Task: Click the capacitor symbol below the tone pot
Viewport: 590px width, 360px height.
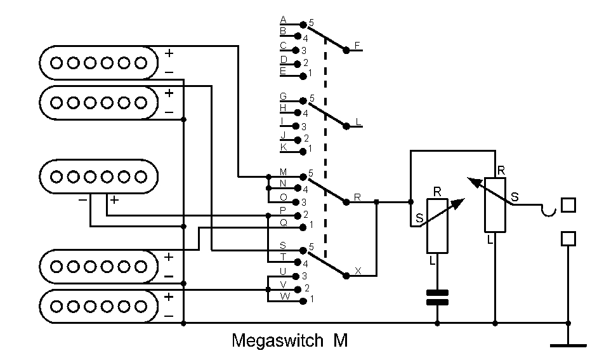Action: [437, 297]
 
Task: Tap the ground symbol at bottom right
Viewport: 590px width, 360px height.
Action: [568, 345]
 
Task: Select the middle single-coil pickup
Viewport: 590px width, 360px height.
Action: [98, 176]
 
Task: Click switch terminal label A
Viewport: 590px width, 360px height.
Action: [283, 20]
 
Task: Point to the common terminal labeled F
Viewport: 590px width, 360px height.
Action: [357, 45]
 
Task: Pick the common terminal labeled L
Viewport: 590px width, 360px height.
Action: [358, 121]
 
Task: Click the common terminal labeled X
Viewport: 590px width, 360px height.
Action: [358, 271]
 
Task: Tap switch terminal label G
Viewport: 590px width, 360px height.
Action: [283, 96]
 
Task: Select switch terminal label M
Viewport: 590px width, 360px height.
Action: [283, 173]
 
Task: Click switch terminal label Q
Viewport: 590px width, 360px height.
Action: [283, 222]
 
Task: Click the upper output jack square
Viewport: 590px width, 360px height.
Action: [568, 205]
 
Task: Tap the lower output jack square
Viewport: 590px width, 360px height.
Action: [568, 238]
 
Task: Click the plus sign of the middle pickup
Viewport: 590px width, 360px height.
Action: [114, 199]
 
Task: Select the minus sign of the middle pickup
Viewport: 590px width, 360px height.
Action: [83, 199]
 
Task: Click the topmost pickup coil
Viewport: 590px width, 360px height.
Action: [98, 62]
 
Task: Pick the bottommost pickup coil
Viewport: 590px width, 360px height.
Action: [98, 306]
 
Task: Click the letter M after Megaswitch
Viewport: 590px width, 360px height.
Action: [340, 341]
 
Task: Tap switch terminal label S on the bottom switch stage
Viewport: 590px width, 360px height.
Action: [283, 246]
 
